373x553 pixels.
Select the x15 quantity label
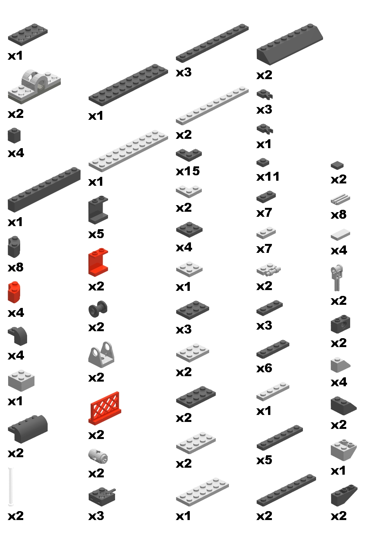point(188,171)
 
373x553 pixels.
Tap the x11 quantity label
point(268,177)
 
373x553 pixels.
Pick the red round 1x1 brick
point(14,293)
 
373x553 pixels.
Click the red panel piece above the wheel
point(98,263)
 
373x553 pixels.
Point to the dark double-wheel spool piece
point(98,309)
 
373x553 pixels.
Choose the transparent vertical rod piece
point(11,487)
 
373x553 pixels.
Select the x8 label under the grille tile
point(339,214)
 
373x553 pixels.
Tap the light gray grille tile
point(340,200)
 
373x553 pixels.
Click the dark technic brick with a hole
point(340,324)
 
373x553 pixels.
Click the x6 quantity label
point(264,368)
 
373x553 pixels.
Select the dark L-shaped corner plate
point(189,155)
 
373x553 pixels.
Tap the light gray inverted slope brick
point(343,450)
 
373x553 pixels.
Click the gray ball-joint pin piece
point(337,278)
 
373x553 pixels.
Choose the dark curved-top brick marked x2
point(28,428)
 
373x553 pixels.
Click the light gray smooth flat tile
point(340,235)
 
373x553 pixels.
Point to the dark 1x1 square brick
point(14,136)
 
